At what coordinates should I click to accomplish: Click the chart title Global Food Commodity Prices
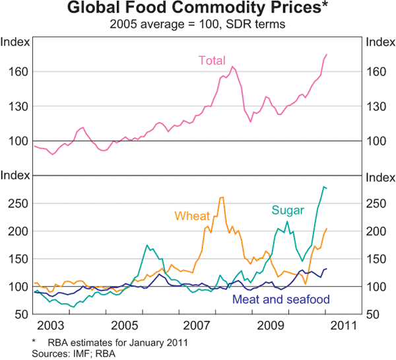(197, 10)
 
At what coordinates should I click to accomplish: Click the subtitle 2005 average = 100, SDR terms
(197, 25)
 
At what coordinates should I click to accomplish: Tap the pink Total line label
(212, 61)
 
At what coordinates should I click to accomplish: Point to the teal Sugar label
(287, 211)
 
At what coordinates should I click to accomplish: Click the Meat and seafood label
(281, 299)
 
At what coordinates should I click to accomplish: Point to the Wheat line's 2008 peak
(222, 197)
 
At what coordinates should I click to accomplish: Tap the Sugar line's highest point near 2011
(323, 187)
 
